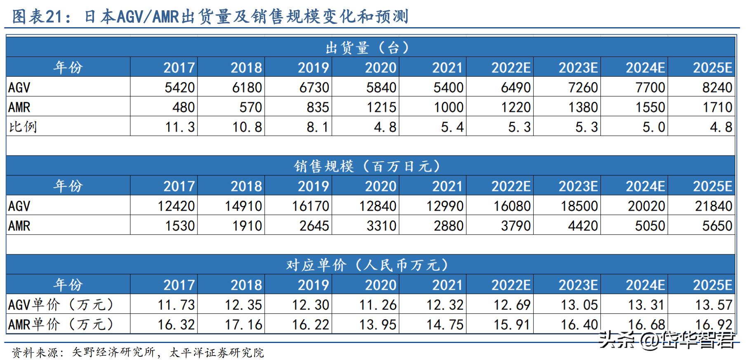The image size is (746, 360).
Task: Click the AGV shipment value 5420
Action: point(179,87)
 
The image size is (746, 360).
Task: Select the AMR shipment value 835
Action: point(318,107)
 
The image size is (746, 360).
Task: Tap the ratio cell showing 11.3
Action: point(180,127)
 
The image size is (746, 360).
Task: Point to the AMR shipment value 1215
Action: point(381,107)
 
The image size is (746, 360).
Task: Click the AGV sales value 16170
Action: point(311,206)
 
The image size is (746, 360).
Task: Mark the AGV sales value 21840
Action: point(714,206)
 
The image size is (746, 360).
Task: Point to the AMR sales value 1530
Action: point(180,226)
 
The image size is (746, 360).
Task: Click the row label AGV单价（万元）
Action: point(61,305)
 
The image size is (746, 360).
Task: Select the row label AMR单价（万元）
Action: point(61,325)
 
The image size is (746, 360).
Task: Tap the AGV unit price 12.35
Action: point(243,305)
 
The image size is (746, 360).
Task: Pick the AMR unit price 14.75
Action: point(445,325)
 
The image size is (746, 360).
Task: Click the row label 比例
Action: point(23,127)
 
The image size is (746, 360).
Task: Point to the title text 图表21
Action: point(38,16)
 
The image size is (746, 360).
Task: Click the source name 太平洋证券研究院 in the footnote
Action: point(217,353)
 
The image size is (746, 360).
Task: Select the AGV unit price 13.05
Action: point(579,305)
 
